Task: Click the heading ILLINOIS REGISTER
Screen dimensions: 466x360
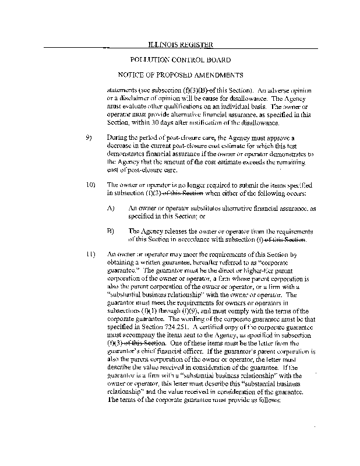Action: coord(180,44)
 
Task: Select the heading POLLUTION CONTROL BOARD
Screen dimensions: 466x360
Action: coord(180,60)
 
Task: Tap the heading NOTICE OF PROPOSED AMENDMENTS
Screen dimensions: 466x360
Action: coord(180,75)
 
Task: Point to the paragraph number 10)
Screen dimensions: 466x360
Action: coord(90,185)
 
